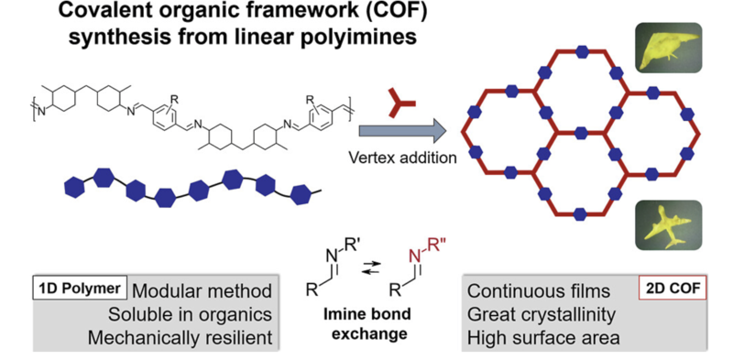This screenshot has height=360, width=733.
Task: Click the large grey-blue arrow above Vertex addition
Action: (x=401, y=131)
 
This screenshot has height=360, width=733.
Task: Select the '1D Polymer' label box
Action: (x=81, y=289)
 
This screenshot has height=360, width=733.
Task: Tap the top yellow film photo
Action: (x=669, y=48)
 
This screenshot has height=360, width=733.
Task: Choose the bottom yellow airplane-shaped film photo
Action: (x=669, y=224)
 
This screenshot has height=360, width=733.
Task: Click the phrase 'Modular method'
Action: (x=202, y=291)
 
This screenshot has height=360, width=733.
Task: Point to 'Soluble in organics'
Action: (x=190, y=314)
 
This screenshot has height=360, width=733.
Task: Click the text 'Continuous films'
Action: (x=539, y=291)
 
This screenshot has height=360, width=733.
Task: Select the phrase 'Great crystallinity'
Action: (x=542, y=314)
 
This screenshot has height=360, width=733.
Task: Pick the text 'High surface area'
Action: (x=543, y=337)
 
